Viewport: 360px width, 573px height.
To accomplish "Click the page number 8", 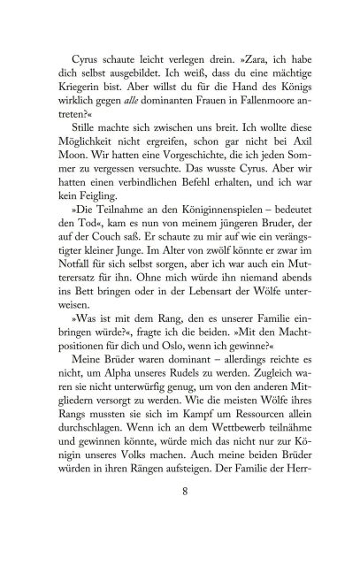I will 181,516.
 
